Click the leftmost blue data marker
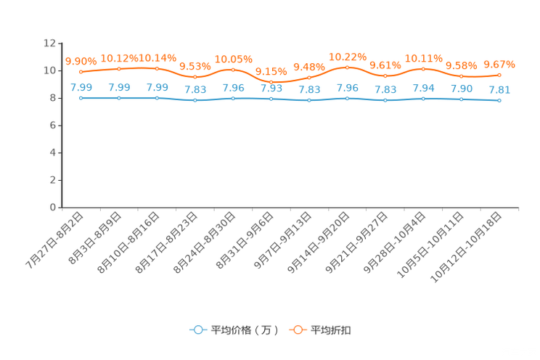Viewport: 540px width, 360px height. pos(81,98)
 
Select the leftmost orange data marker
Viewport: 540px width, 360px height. pos(81,72)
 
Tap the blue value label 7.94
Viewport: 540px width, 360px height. pos(423,89)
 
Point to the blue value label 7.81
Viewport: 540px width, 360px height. pos(499,90)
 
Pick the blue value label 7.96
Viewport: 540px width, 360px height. pos(347,88)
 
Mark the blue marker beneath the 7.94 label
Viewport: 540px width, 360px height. pos(423,99)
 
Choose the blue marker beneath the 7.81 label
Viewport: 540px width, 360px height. pos(499,101)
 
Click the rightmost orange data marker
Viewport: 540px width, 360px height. pos(499,75)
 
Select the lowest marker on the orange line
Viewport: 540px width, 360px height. pos(271,82)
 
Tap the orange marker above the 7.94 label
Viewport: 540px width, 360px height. pos(423,69)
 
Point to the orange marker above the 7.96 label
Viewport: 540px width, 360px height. pos(347,67)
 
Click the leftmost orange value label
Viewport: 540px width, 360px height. pos(81,61)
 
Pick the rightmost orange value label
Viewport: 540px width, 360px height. pos(499,65)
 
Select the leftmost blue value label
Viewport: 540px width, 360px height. pos(81,88)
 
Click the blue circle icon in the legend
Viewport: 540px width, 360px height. pos(197,330)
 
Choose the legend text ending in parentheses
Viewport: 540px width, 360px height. pos(244,330)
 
